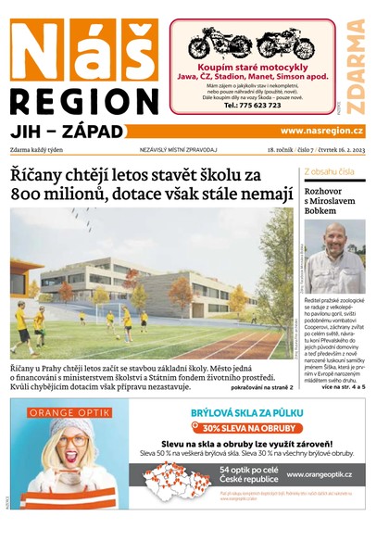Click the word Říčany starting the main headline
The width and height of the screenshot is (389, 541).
coord(37,173)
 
